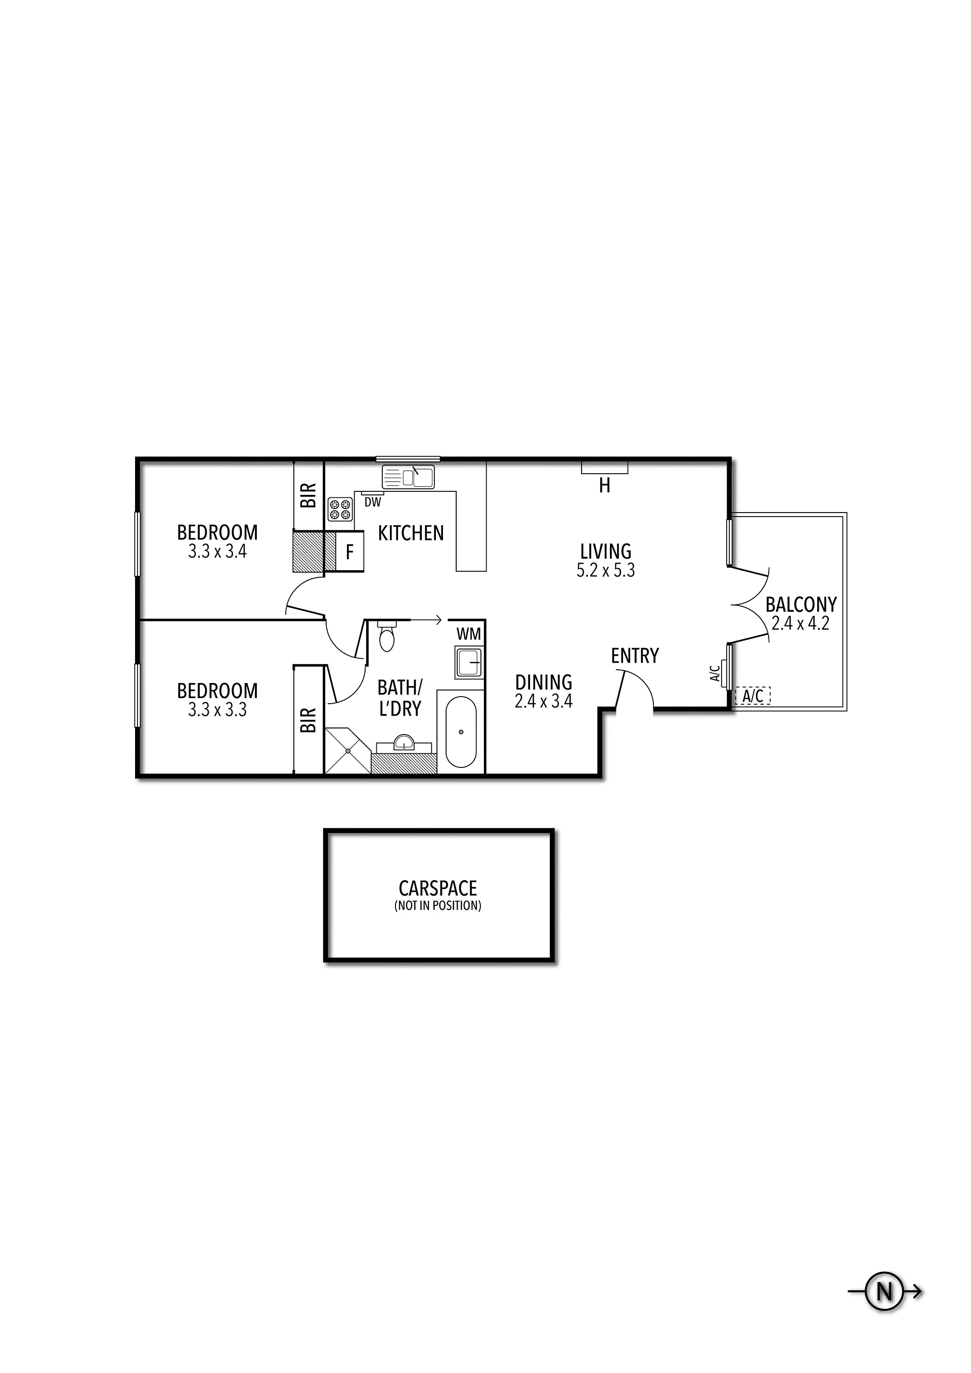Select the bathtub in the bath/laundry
[461, 732]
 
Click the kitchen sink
[409, 477]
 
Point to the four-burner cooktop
[340, 510]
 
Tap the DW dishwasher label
[373, 503]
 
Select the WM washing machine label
[468, 633]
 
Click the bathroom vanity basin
[405, 742]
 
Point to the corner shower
[347, 751]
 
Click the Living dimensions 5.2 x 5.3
[605, 571]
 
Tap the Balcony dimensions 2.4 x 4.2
[801, 624]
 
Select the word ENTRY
[635, 656]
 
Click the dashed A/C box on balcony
[753, 696]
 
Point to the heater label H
[605, 486]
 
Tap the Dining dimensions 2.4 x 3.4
[544, 701]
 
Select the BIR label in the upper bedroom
[308, 496]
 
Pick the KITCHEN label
[411, 533]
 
